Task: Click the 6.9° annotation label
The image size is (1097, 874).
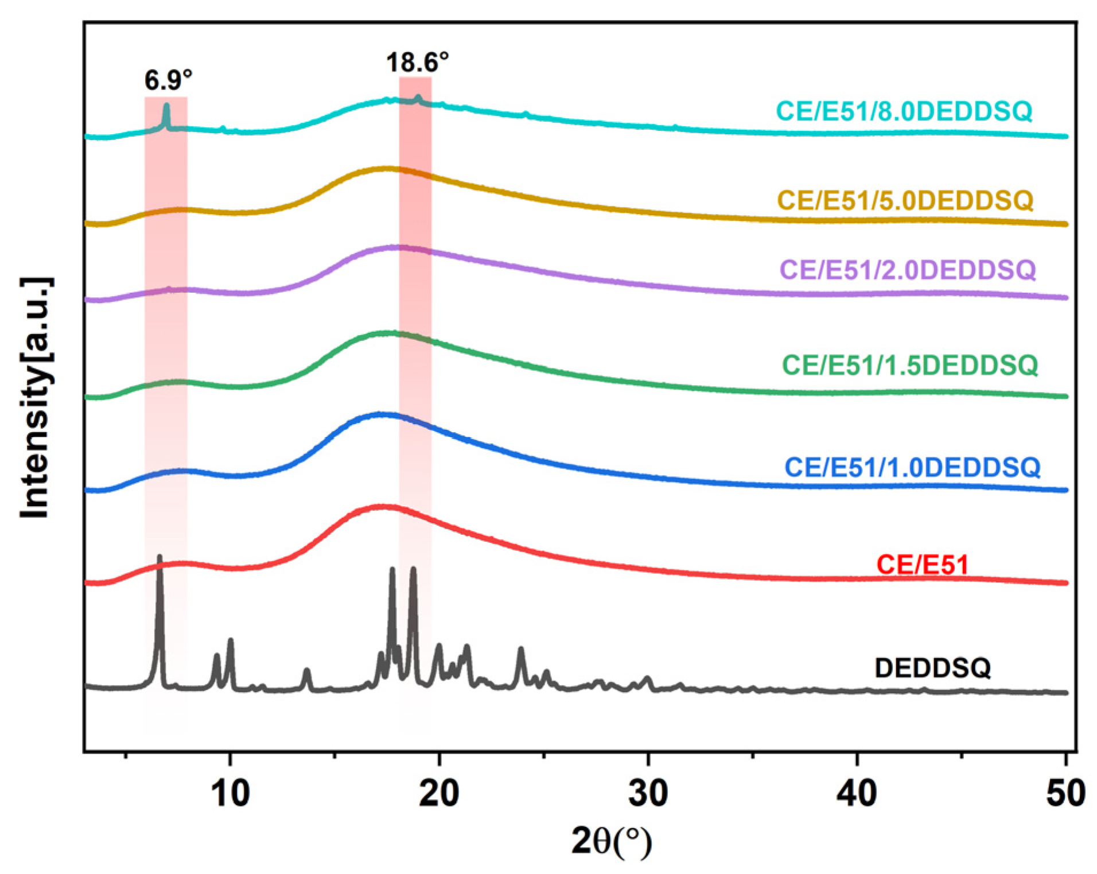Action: pos(168,80)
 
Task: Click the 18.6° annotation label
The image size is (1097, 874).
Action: pos(417,62)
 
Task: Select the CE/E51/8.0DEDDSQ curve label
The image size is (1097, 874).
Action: pos(904,111)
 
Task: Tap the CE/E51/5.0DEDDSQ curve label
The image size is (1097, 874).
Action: pos(905,200)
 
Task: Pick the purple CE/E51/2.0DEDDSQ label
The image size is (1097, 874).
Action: pos(908,269)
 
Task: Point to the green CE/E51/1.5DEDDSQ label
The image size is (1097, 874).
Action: pos(910,364)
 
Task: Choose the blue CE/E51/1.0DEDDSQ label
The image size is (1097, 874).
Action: pos(912,467)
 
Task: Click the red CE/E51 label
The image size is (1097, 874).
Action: pos(922,565)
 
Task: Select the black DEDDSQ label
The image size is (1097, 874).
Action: pos(932,667)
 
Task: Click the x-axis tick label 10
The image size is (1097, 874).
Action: pos(230,794)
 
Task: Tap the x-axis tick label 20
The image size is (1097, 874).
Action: pos(439,794)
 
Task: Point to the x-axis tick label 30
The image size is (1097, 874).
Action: pos(648,794)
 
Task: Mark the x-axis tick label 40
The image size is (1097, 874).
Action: pos(857,794)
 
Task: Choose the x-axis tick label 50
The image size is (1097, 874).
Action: pos(1065,794)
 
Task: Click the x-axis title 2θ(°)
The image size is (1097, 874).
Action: pos(612,842)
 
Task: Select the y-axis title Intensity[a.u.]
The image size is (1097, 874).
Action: pos(36,398)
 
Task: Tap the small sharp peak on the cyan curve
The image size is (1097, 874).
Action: pos(166,107)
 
